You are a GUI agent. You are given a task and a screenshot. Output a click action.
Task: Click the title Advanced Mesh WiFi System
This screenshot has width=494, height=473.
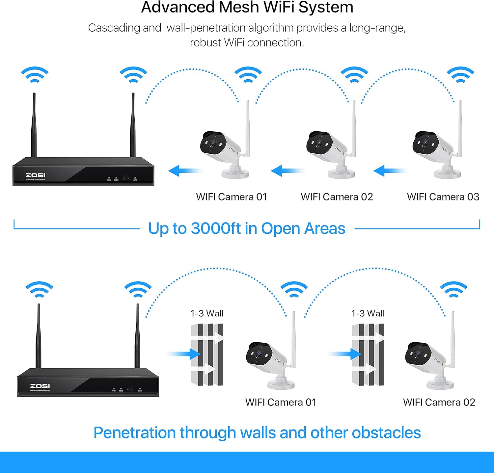click(x=247, y=7)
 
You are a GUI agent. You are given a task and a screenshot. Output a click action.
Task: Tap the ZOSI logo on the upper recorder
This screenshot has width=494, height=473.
click(x=35, y=175)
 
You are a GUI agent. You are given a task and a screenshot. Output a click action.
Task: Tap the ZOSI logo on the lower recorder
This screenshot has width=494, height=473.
click(x=40, y=386)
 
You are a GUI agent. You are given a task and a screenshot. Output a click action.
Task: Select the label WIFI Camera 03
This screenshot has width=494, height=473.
click(x=443, y=197)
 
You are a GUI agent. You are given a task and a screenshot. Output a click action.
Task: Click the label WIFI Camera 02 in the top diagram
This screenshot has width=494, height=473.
click(x=337, y=197)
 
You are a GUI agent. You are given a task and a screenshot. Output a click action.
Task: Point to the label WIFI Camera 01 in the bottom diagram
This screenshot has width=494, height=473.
click(x=281, y=402)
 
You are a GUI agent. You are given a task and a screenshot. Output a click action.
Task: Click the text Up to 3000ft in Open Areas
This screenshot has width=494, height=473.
click(x=246, y=228)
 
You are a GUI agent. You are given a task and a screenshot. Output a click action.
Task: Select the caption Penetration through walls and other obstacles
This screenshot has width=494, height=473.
click(x=257, y=433)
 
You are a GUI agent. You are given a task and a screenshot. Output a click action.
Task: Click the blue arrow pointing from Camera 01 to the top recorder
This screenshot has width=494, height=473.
click(x=184, y=171)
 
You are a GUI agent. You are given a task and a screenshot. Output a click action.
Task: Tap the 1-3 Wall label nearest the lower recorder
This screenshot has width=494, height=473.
click(x=207, y=313)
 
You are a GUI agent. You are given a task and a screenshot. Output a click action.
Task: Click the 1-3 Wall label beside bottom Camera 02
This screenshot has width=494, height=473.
click(x=368, y=313)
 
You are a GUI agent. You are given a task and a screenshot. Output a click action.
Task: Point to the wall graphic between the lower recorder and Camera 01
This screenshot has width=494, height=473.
click(x=207, y=355)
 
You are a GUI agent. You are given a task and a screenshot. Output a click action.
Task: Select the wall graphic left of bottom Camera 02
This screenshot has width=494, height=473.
click(x=368, y=355)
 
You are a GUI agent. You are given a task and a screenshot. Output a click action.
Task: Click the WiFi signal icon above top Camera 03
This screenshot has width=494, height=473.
click(x=460, y=75)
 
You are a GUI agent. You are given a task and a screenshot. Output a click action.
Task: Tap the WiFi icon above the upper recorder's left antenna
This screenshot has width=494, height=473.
click(x=35, y=75)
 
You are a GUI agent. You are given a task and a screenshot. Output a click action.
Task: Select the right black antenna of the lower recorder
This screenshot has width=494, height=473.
click(x=137, y=336)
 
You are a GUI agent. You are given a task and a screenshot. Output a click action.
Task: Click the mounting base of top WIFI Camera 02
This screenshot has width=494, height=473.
click(x=341, y=173)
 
